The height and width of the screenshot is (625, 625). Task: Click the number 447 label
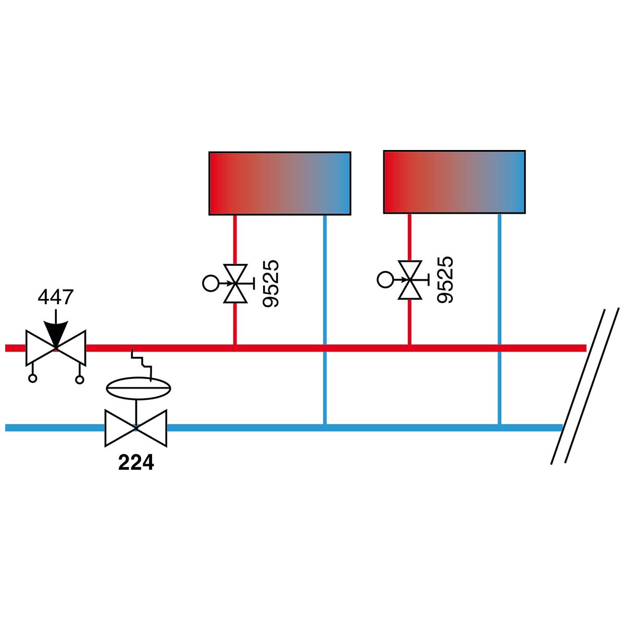pos(55,296)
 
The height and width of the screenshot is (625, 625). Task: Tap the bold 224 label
pos(136,463)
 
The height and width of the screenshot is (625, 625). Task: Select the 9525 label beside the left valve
pos(270,283)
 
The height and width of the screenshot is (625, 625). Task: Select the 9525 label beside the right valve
pos(445,280)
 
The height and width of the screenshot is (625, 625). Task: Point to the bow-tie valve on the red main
pos(56,348)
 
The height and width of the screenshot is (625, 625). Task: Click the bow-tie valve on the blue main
pos(136,428)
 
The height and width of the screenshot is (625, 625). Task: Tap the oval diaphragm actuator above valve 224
pos(139,388)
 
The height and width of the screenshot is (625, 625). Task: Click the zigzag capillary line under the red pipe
pos(142,365)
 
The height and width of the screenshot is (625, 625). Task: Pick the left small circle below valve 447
pos(32,378)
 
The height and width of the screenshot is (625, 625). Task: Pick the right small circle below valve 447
pos(80,379)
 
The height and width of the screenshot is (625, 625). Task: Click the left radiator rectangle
pos(280,183)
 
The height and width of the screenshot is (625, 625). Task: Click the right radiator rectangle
pos(454,182)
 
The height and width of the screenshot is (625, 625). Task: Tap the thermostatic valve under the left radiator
pos(235,283)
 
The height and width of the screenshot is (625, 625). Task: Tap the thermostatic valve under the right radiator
pos(410,280)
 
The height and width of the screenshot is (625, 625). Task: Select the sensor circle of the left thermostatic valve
pos(210,283)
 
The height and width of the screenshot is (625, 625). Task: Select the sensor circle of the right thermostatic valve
pos(385,280)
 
